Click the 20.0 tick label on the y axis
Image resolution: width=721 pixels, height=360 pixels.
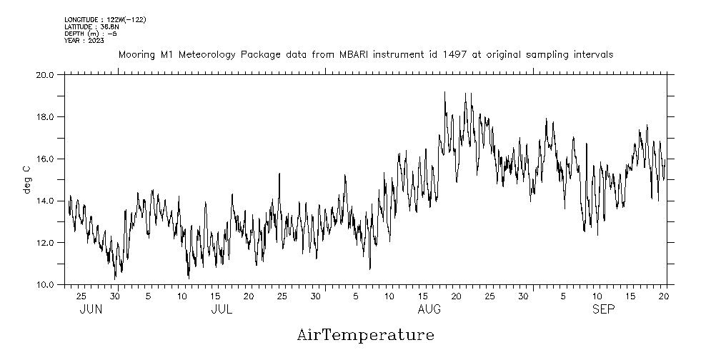45,74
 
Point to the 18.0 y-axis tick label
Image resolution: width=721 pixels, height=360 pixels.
45,116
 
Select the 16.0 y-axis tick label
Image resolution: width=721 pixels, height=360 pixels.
45,159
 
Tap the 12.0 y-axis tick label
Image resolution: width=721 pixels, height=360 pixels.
45,243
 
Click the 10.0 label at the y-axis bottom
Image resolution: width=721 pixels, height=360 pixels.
45,285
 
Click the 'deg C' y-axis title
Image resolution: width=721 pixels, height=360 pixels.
26,179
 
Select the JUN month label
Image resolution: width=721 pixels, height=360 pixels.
91,309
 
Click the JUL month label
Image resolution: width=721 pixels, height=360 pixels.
222,309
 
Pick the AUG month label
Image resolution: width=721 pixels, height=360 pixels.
429,309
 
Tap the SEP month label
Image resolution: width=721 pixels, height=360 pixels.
604,309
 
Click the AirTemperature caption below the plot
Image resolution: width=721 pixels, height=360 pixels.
365,334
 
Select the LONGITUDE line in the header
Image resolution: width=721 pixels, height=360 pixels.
105,20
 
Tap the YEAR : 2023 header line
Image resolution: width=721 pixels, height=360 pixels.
84,40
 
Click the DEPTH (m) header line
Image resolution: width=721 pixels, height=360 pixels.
90,34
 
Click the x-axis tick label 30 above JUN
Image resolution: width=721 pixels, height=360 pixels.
114,296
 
